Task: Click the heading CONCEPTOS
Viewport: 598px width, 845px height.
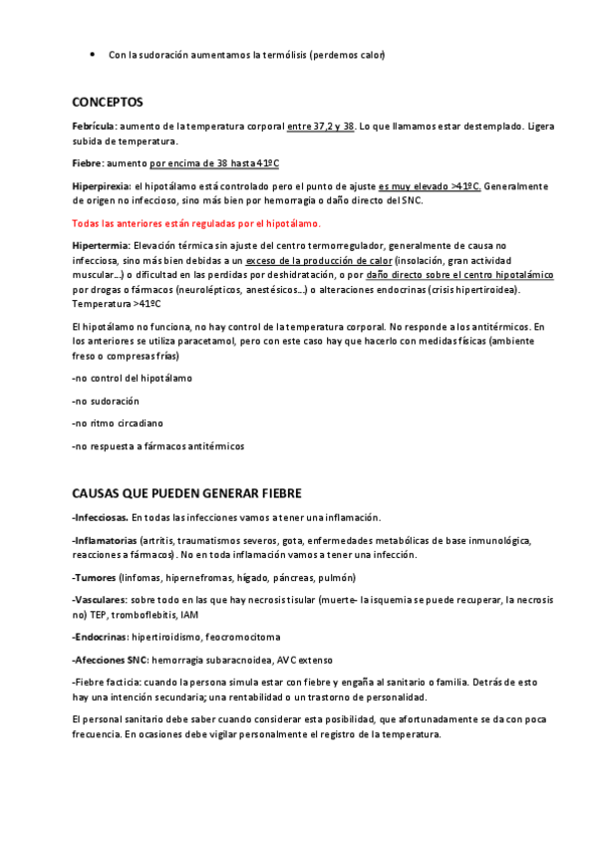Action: (108, 102)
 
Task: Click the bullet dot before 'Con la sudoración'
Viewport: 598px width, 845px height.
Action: (92, 53)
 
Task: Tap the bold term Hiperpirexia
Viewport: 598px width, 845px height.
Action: (101, 186)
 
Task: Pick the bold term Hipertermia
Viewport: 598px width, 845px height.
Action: (100, 245)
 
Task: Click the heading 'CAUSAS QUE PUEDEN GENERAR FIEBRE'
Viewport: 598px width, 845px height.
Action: (187, 493)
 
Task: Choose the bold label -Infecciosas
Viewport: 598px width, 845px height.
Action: (100, 517)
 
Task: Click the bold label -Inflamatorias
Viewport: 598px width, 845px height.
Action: (105, 540)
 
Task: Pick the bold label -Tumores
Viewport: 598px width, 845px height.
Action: (94, 578)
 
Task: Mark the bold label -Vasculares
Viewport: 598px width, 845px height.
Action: (99, 601)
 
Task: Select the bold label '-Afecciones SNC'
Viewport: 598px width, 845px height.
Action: (112, 660)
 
